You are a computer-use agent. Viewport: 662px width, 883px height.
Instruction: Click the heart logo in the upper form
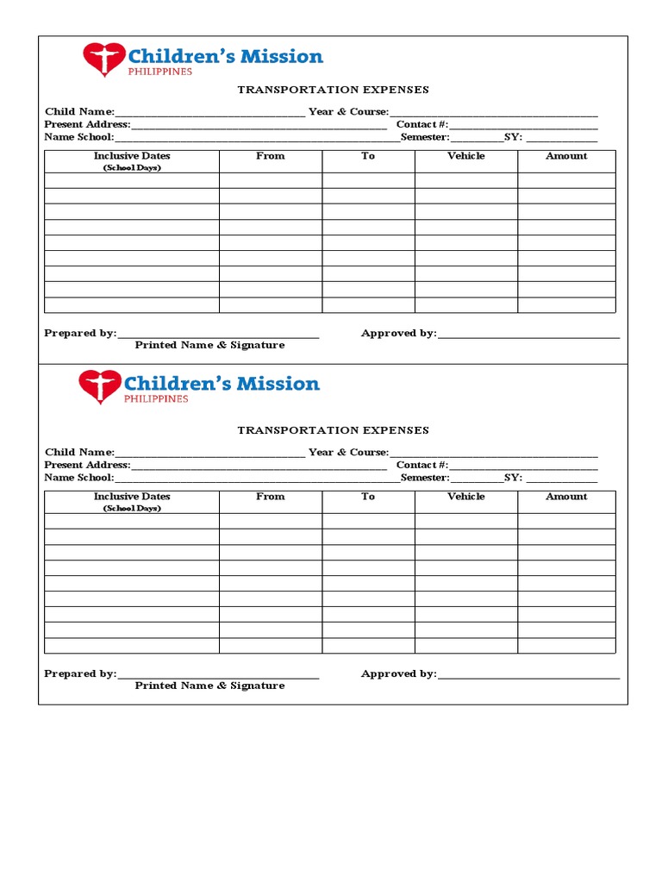103,59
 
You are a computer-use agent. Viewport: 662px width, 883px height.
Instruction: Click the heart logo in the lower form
100,386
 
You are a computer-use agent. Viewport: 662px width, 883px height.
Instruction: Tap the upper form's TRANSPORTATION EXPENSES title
333,90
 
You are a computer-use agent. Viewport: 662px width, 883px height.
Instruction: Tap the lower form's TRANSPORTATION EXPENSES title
333,430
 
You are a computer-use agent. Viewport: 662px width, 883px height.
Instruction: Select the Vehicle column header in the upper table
465,156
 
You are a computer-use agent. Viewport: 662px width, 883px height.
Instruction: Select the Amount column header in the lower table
566,497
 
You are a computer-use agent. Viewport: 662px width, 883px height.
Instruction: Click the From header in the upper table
270,156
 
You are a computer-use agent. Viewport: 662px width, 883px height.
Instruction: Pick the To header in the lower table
368,497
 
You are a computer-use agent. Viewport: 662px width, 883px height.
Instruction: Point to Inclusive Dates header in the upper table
132,156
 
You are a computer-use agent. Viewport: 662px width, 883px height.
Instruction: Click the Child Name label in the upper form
79,112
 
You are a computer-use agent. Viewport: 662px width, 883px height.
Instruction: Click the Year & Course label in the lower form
348,452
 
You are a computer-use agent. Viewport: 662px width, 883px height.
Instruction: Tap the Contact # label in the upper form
422,125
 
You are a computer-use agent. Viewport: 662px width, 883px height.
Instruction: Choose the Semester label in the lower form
425,478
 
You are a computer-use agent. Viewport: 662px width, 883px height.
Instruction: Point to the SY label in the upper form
513,137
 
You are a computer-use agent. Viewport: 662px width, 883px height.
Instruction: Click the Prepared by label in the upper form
80,334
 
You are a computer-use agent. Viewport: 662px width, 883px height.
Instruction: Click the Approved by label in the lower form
398,674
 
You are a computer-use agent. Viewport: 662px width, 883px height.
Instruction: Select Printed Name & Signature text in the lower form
209,686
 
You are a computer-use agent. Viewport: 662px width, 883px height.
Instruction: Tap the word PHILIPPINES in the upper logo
159,72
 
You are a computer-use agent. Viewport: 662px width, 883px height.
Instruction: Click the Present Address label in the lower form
87,465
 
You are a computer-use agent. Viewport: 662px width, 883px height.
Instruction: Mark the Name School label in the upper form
78,137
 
